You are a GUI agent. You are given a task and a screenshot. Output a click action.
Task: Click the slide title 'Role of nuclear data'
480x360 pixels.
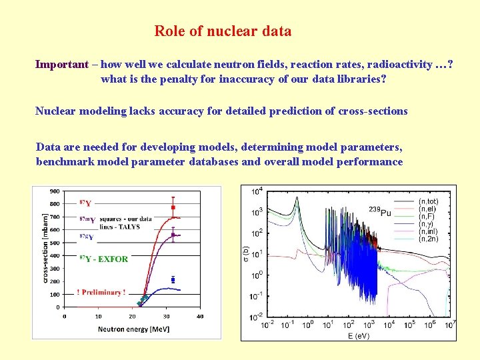pos(223,31)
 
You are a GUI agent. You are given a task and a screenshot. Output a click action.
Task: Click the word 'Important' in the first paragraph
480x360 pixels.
pos(61,65)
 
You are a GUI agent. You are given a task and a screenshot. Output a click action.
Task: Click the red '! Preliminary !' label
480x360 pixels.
pos(101,292)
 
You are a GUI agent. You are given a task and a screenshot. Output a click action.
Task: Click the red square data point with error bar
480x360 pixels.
pos(173,207)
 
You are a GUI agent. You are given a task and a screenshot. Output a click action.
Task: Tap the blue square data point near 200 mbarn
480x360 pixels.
pos(173,280)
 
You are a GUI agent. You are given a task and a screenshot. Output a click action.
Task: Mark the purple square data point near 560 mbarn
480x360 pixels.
pos(173,235)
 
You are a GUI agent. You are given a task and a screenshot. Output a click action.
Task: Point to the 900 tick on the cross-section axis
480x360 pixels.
pos(54,191)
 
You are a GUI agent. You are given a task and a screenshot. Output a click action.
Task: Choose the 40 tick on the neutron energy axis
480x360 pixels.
pos(200,316)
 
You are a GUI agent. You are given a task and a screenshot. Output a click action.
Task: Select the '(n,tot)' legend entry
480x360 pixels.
pos(429,200)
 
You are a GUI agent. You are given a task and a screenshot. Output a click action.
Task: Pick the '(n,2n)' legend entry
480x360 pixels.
pos(428,239)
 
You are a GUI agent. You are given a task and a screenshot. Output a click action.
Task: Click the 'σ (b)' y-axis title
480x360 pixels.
pos(246,254)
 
